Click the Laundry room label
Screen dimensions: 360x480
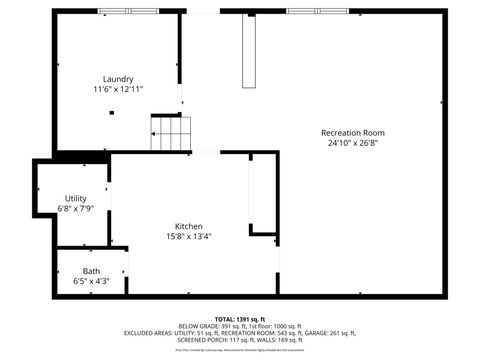pos(118,79)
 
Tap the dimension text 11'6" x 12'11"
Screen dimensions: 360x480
pos(118,89)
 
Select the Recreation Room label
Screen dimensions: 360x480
pos(352,133)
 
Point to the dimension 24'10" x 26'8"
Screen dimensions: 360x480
pos(352,143)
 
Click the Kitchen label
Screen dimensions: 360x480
pos(189,226)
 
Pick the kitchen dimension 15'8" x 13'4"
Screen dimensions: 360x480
pos(189,237)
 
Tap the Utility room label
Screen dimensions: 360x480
pos(76,199)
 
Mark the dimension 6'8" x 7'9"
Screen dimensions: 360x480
pos(76,209)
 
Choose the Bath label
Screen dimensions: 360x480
pos(91,271)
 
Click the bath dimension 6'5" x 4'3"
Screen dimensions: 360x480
pos(91,282)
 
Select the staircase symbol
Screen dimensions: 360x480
pos(170,133)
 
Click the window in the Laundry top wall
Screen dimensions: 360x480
pos(128,11)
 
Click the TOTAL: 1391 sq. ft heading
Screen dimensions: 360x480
pos(240,318)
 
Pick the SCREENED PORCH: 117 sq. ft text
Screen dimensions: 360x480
pos(206,340)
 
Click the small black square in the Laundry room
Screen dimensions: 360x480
pos(112,113)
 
